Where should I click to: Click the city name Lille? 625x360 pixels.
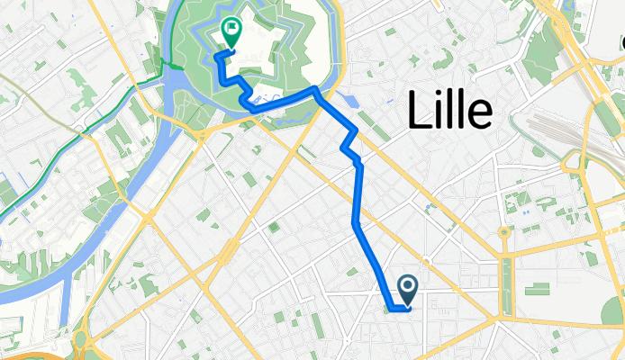tap(449, 111)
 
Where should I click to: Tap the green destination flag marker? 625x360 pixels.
tap(231, 34)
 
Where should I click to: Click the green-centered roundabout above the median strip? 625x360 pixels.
tap(504, 232)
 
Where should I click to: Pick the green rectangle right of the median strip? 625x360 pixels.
tap(539, 289)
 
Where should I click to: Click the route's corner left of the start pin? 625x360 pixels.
tap(394, 309)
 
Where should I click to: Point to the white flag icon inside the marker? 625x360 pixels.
tap(231, 31)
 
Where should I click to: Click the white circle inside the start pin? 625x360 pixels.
tap(407, 286)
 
